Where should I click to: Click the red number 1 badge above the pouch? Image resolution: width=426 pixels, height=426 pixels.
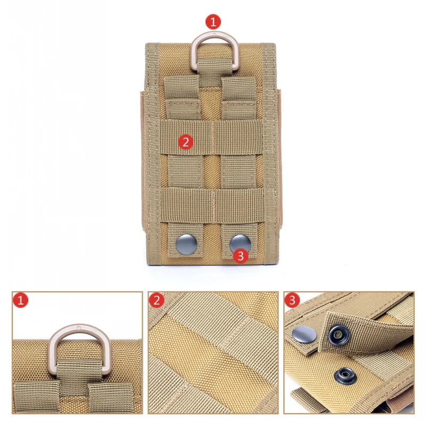pos(214,22)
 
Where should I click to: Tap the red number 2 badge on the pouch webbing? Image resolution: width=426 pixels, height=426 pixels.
pos(186,142)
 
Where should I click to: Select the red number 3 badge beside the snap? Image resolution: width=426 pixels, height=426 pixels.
pos(241,256)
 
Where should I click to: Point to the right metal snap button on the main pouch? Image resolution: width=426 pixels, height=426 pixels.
pos(240,243)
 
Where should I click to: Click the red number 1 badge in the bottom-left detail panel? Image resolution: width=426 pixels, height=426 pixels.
pos(20,300)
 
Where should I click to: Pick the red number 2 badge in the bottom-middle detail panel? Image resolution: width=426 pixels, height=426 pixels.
pos(157,300)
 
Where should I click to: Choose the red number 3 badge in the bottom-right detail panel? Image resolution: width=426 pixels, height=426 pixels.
pos(292,300)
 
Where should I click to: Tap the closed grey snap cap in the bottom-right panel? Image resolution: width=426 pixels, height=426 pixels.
pos(304,334)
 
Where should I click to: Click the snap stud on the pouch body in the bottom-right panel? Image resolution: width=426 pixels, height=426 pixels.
pos(345,376)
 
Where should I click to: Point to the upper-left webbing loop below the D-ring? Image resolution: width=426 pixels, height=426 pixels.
pos(182,97)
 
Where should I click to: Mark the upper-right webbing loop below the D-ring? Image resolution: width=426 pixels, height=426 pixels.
pos(239,97)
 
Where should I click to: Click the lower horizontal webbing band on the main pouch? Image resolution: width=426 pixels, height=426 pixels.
pos(212,206)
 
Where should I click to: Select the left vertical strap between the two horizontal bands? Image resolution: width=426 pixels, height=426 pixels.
pos(185,171)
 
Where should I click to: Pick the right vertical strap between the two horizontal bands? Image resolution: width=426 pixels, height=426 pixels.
pos(239,171)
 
